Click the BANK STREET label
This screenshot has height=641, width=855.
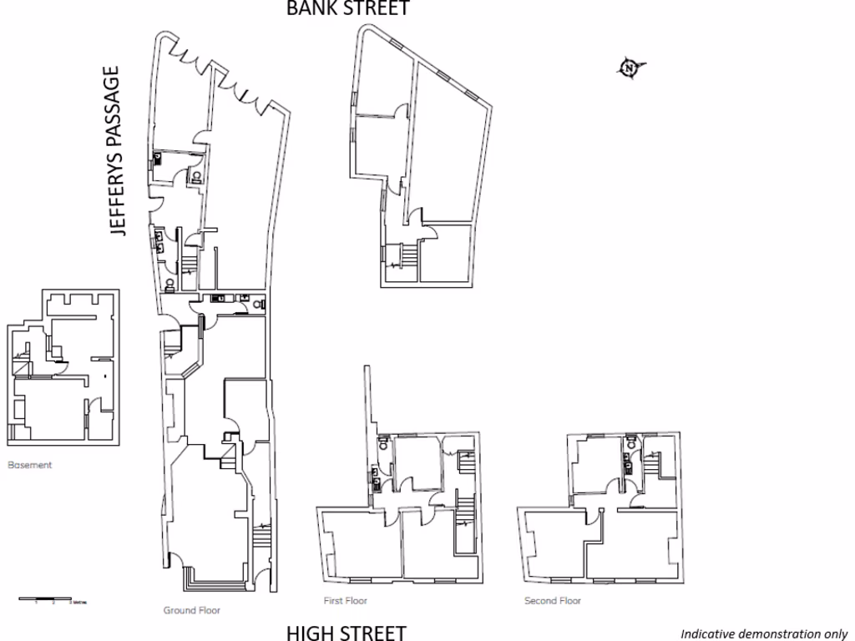348,8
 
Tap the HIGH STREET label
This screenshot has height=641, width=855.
347,633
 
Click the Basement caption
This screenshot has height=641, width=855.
29,465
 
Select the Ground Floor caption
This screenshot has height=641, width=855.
191,610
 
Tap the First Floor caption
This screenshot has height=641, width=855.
345,600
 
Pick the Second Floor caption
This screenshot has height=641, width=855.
552,600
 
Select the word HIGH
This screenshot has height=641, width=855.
311,633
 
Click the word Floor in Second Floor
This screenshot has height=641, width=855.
570,600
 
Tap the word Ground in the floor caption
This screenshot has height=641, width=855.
179,610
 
